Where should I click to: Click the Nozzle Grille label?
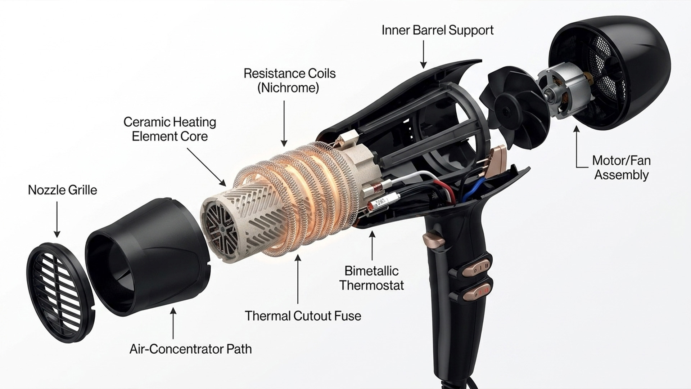click(x=63, y=190)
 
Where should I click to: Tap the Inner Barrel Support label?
click(x=438, y=30)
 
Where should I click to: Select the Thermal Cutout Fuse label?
click(x=303, y=316)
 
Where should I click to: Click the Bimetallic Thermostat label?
click(x=371, y=278)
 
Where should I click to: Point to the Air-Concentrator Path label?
click(x=190, y=349)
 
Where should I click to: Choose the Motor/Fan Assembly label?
click(x=621, y=167)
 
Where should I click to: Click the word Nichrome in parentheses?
click(x=288, y=88)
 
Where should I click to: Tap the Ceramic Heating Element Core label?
click(x=170, y=129)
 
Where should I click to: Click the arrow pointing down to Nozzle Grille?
click(x=57, y=219)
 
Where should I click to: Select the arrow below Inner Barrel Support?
click(x=424, y=54)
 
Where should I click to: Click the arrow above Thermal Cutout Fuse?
click(x=298, y=279)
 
